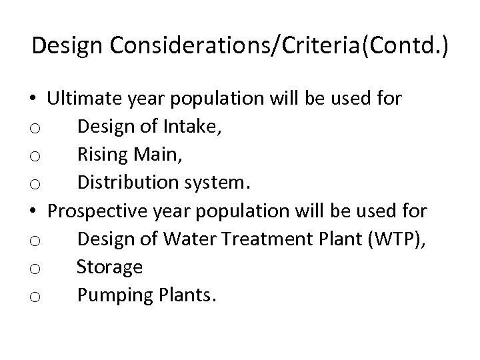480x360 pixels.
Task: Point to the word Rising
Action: pos(100,155)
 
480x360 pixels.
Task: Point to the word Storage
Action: pos(109,267)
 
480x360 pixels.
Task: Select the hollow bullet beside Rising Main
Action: pos(35,156)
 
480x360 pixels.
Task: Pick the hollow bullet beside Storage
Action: pos(35,268)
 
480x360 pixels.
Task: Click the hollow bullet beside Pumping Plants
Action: pos(35,296)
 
